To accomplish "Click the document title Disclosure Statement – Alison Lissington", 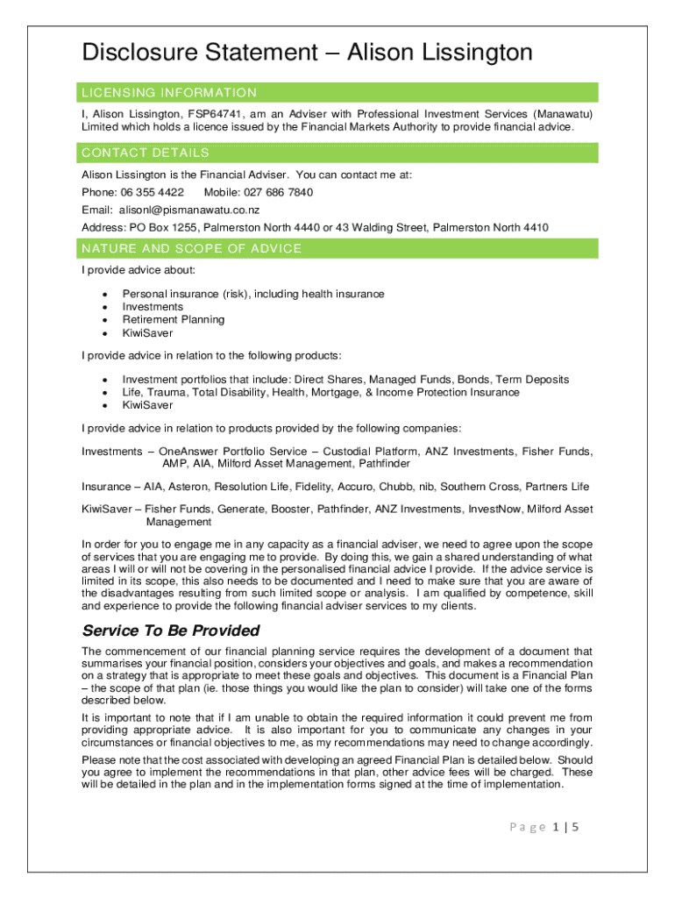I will click(307, 53).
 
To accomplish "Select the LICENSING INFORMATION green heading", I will click(169, 93).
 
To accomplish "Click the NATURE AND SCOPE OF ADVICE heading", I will click(191, 249).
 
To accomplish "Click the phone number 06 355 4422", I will click(153, 192).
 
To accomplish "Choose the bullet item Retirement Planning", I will click(173, 320).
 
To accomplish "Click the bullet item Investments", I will click(153, 307).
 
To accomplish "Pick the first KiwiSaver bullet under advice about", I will click(147, 333).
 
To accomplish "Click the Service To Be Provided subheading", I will click(170, 631).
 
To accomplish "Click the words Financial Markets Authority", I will click(366, 127).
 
